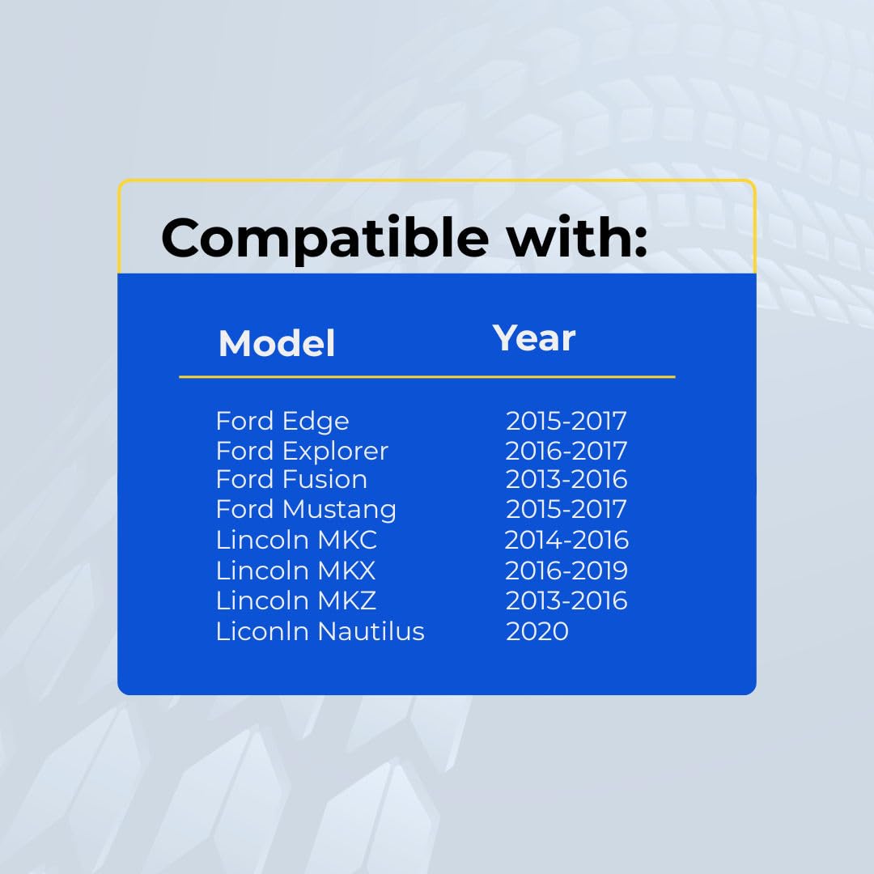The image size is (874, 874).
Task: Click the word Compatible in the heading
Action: [325, 238]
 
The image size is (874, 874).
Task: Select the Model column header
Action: [277, 343]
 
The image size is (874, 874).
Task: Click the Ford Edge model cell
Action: [282, 422]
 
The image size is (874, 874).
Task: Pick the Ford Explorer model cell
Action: [302, 451]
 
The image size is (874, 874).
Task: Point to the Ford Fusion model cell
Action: [291, 479]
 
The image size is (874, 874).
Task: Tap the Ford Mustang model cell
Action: [306, 510]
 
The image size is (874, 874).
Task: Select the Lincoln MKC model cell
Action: [296, 540]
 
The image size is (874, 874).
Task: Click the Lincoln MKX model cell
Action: [296, 571]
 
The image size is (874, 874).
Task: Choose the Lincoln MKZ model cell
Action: [296, 600]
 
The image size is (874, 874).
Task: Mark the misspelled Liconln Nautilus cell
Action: [320, 631]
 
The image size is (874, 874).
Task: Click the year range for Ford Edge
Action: [566, 421]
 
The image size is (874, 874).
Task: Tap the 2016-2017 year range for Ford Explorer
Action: [566, 451]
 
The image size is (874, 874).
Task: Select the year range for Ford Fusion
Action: [566, 479]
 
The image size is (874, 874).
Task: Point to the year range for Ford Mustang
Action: [566, 510]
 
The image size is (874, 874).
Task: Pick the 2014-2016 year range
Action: [566, 540]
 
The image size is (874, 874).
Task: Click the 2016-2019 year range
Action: [566, 571]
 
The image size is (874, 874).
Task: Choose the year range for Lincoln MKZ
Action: [566, 600]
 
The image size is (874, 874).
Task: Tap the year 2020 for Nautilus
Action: [537, 631]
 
